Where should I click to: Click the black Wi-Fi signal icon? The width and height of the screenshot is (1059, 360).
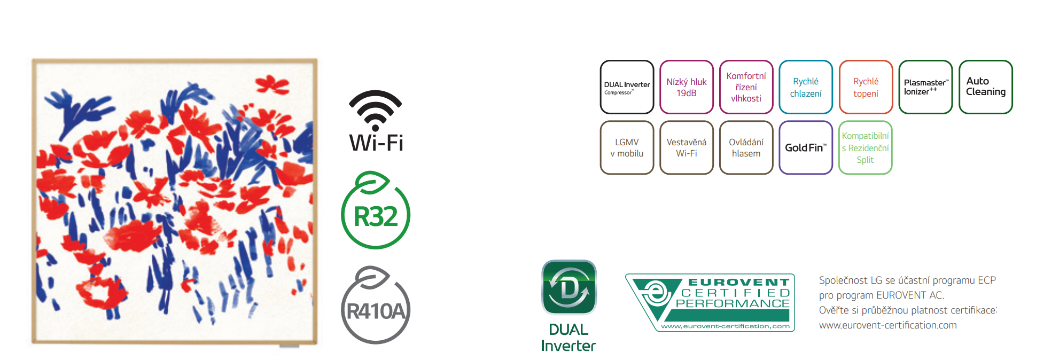375,110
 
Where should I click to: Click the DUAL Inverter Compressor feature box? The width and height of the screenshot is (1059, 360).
627,87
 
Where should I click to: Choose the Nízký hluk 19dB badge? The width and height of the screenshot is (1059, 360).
687,87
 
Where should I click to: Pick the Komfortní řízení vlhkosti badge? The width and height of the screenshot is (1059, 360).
746,87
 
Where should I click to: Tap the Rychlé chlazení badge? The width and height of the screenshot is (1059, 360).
806,87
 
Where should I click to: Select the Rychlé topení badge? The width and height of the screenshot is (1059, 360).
866,87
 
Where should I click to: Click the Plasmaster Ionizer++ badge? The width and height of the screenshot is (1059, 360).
925,87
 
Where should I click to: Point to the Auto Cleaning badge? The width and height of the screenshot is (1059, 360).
985,87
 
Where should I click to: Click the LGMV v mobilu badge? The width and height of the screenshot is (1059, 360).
627,147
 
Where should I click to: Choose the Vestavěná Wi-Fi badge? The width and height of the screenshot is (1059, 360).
687,147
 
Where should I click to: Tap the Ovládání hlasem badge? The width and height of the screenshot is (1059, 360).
746,147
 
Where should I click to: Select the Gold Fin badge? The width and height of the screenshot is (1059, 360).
806,147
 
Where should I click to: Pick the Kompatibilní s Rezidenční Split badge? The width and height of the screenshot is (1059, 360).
866,147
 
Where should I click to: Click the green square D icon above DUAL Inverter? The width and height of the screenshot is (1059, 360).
569,287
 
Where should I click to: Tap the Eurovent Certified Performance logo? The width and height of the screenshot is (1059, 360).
710,302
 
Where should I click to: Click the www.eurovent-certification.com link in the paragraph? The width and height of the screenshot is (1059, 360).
887,325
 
